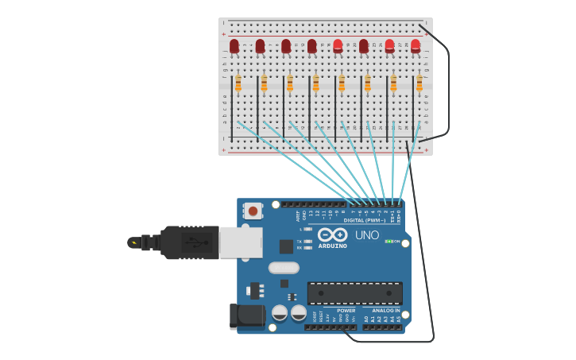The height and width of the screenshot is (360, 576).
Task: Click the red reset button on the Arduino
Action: coord(253,211)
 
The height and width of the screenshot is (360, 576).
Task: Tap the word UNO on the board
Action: coord(367,235)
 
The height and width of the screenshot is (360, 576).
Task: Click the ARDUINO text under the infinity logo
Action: coord(333,246)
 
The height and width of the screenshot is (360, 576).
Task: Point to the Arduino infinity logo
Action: coord(333,234)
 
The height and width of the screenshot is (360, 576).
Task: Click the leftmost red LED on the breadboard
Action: coord(234,46)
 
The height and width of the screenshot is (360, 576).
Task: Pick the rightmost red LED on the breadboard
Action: coord(416,46)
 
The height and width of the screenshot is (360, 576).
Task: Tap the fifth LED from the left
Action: coord(338,46)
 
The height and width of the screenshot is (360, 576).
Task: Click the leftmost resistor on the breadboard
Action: coord(238,83)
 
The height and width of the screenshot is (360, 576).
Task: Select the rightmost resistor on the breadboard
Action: coord(419,83)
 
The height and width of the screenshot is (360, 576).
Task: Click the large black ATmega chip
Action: coord(354,293)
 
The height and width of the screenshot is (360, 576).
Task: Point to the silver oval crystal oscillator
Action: coord(284,268)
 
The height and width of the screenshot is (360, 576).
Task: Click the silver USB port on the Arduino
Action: coord(241,242)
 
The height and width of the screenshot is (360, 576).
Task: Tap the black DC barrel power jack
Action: coord(247,316)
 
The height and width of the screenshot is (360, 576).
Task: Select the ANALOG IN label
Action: coord(386,310)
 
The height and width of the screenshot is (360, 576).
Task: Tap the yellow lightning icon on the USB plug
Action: coord(133,242)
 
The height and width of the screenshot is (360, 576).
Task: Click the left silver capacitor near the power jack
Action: coord(280,312)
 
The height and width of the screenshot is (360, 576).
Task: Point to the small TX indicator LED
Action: coord(308,241)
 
